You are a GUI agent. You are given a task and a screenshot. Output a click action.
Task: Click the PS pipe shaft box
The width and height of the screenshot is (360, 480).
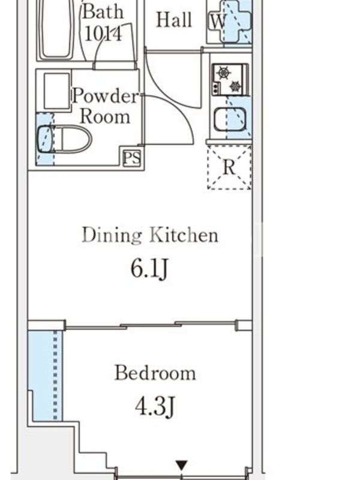click(132, 158)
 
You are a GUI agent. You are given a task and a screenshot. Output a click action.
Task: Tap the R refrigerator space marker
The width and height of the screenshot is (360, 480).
click(229, 167)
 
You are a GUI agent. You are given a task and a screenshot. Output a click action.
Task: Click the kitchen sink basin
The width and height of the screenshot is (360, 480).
click(230, 119)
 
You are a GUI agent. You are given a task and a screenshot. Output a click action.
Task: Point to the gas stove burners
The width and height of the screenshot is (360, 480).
click(230, 79)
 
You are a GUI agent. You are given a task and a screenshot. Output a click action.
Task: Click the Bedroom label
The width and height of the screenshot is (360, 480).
click(155, 373)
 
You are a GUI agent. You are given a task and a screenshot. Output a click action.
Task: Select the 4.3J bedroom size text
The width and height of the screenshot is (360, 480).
click(155, 407)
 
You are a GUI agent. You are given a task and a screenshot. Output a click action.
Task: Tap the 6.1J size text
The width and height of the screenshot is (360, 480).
click(149, 269)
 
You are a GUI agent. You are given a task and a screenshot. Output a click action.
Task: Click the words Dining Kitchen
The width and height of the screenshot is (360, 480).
click(151, 235)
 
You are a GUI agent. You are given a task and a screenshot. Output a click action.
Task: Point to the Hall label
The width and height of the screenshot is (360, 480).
click(174, 20)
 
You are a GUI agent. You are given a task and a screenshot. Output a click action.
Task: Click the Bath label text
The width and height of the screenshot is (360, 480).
click(103, 11)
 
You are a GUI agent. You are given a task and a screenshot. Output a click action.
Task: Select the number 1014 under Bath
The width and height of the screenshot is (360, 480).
click(103, 33)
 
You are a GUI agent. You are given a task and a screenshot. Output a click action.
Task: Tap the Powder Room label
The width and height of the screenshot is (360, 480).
click(106, 106)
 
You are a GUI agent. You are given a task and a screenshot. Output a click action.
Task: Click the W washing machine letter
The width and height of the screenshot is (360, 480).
click(218, 22)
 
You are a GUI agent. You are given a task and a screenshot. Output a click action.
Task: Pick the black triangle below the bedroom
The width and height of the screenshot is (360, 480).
click(182, 465)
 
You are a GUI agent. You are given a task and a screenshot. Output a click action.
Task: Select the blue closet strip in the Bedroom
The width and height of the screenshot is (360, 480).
click(46, 376)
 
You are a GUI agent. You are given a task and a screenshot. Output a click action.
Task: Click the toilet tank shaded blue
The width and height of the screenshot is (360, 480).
click(46, 139)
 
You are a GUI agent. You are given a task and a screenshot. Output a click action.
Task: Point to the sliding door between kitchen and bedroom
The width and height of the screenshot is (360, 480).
click(151, 325)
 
